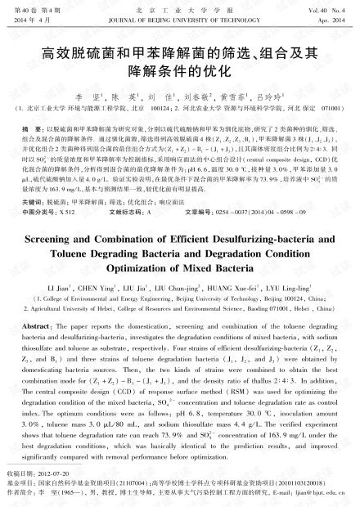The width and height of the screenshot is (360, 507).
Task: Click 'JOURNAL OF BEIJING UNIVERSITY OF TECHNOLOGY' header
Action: [179, 16]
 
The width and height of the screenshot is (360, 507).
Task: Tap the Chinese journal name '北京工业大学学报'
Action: [179, 7]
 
